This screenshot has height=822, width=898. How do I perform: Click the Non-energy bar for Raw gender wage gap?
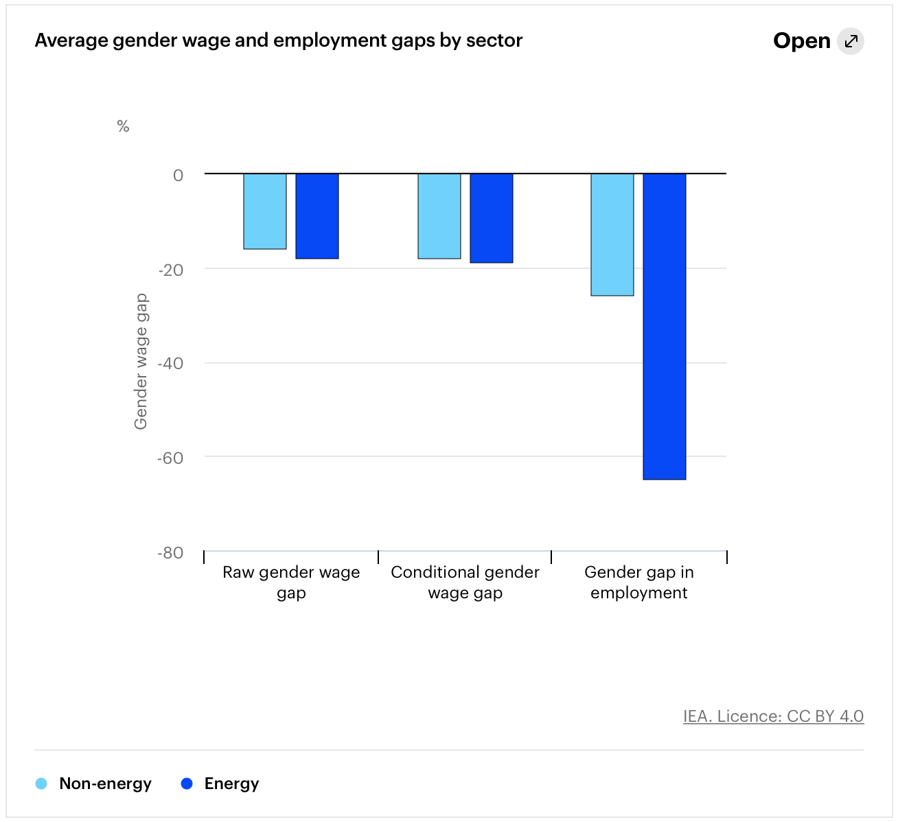(265, 211)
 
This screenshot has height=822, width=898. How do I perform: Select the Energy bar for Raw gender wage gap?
(317, 216)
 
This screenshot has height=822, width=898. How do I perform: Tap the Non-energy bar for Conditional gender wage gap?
(439, 216)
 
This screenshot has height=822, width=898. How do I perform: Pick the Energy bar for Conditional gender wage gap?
(492, 218)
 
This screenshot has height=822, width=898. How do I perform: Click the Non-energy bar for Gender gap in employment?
(612, 235)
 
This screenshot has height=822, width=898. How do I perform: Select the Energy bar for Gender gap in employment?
(665, 327)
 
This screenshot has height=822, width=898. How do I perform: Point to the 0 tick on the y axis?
(179, 176)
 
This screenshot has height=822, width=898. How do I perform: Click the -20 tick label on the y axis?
(171, 270)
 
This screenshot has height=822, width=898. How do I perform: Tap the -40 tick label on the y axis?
(171, 364)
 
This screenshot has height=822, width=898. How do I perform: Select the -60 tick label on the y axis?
(171, 458)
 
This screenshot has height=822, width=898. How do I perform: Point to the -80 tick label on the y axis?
(171, 552)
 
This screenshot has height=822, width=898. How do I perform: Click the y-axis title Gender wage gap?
(141, 362)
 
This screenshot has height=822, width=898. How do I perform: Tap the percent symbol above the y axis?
(123, 126)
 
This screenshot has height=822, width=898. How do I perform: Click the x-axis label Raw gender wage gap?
(291, 583)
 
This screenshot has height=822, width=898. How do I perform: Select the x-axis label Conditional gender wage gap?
(465, 583)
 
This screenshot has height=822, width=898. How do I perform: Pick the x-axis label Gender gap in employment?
(638, 583)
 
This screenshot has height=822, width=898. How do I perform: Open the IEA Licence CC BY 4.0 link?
(773, 716)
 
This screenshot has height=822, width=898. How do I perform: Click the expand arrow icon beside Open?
(851, 41)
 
